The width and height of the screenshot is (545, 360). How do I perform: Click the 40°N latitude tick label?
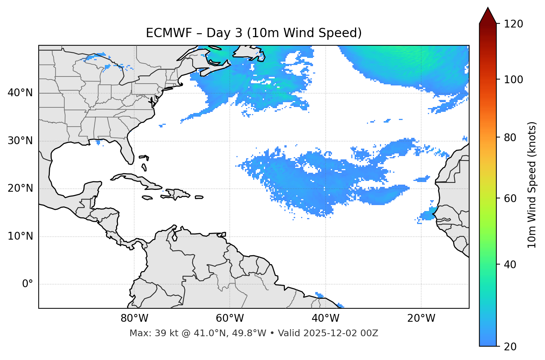click(x=20, y=93)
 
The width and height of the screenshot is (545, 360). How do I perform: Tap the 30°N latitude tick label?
click(x=20, y=140)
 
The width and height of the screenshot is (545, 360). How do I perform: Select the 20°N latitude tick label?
click(x=20, y=188)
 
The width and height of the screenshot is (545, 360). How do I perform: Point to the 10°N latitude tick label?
click(x=20, y=236)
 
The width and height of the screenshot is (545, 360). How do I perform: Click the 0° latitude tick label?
click(x=28, y=284)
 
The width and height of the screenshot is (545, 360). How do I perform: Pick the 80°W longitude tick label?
click(x=134, y=318)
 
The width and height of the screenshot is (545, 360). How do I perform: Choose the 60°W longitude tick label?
click(x=230, y=318)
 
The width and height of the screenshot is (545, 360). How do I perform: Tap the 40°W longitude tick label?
click(x=326, y=318)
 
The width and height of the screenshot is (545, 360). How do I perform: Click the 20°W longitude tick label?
click(x=421, y=318)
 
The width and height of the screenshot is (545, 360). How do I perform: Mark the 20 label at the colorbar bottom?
click(x=510, y=347)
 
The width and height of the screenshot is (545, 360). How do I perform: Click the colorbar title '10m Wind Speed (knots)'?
click(x=532, y=185)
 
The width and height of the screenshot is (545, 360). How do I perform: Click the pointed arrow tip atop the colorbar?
click(x=488, y=9)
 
